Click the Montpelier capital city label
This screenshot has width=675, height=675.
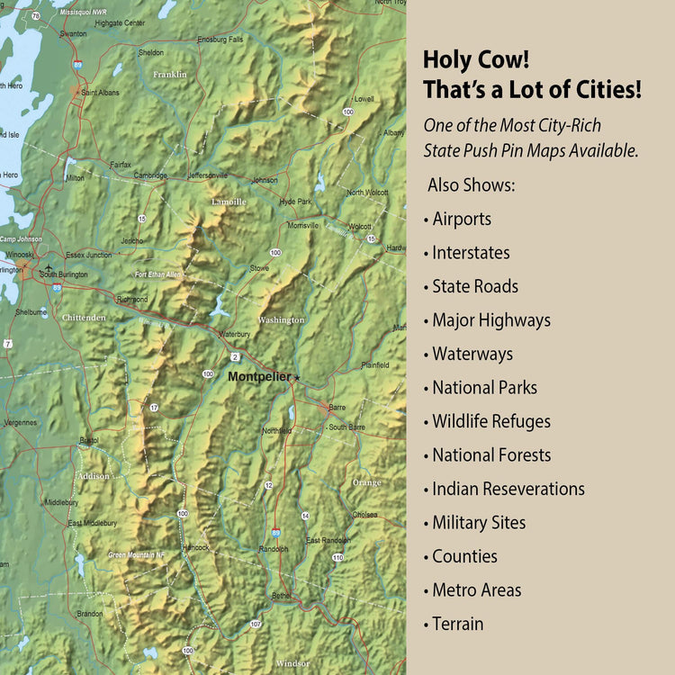259,377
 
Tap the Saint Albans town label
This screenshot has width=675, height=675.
100,92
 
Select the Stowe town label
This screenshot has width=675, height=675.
259,268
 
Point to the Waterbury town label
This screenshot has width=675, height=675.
234,334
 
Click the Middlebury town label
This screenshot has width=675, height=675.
61,502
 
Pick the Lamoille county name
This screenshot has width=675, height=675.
228,202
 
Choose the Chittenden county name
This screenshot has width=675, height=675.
84,318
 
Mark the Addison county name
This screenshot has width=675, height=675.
94,476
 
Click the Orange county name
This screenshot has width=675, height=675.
366,483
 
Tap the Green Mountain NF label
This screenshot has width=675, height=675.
137,555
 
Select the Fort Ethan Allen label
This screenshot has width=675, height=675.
157,274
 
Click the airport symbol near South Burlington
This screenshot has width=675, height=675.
49,268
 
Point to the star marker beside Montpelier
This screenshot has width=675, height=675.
297,378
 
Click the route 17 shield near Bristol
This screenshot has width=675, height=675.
154,409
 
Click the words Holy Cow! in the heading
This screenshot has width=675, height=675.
476,60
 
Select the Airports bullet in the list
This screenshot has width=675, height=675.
461,219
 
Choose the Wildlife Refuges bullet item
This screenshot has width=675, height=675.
490,421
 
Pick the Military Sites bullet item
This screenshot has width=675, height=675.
479,523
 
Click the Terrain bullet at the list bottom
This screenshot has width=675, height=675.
457,624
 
